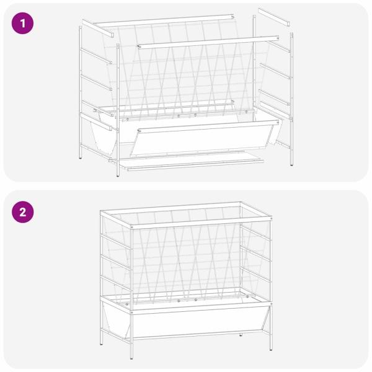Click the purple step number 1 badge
coord(22,24)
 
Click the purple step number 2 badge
coord(22,212)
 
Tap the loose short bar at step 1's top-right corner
coord(274,17)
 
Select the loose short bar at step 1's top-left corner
coord(98,29)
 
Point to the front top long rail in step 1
coord(208,42)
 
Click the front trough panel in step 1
coord(205,138)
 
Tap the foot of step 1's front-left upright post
coord(118,175)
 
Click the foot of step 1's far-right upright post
coord(291,164)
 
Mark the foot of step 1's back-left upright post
coord(81,157)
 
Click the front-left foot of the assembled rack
coord(131,358)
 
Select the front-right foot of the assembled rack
coord(271,349)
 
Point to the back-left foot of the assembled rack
coord(102,343)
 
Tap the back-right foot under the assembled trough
coord(241,335)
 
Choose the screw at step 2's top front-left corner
coord(132,228)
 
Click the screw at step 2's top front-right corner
coord(271,218)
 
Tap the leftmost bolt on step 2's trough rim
coord(127,304)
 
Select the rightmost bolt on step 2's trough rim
coord(247,296)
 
